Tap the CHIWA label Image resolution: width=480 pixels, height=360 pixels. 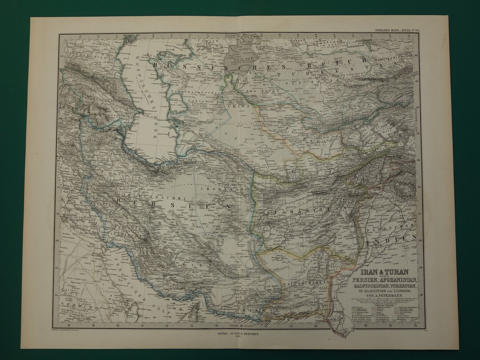pos(235,107)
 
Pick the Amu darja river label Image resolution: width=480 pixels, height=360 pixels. pos(258,90)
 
